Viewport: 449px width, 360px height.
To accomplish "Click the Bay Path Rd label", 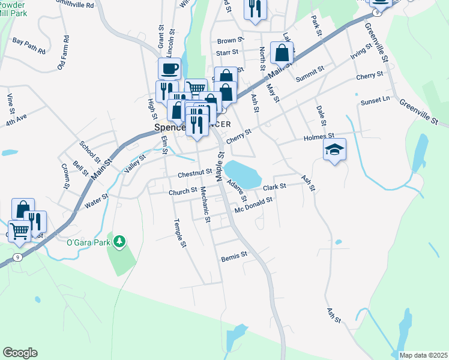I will point(29,46).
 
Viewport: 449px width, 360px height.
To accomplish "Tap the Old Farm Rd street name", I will point(63,52).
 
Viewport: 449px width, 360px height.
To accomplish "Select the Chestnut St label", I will point(194,173).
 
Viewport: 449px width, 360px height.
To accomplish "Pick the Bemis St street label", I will point(234,256).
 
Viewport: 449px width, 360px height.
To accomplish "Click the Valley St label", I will point(134,163).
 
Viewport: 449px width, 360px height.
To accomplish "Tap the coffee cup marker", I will point(169,68).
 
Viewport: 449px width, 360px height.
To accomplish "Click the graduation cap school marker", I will point(335,150).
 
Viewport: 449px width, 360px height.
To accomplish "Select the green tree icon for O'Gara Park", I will point(120,241).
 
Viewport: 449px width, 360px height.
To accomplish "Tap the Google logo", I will point(20,353).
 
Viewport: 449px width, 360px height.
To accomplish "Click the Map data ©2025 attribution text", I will point(423,355).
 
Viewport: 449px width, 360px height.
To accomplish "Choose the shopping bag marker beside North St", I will point(282,53).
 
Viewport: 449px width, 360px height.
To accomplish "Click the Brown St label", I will point(231,41).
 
